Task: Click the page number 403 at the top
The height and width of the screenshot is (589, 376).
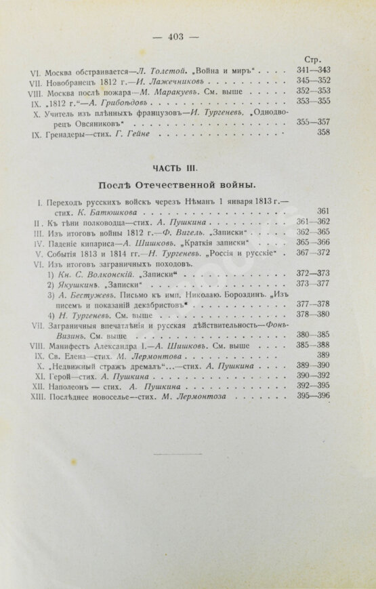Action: click(184, 37)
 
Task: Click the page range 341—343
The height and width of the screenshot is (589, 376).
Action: click(314, 70)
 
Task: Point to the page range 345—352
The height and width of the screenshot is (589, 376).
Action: click(314, 82)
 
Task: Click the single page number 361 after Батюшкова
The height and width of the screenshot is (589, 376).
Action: click(322, 211)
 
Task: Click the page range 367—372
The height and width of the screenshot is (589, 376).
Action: click(314, 253)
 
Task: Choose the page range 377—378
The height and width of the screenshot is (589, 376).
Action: click(314, 304)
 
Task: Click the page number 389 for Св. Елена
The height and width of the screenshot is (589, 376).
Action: click(322, 354)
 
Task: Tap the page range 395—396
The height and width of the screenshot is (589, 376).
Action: click(314, 395)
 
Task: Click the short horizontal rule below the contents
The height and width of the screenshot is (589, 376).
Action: click(184, 453)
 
